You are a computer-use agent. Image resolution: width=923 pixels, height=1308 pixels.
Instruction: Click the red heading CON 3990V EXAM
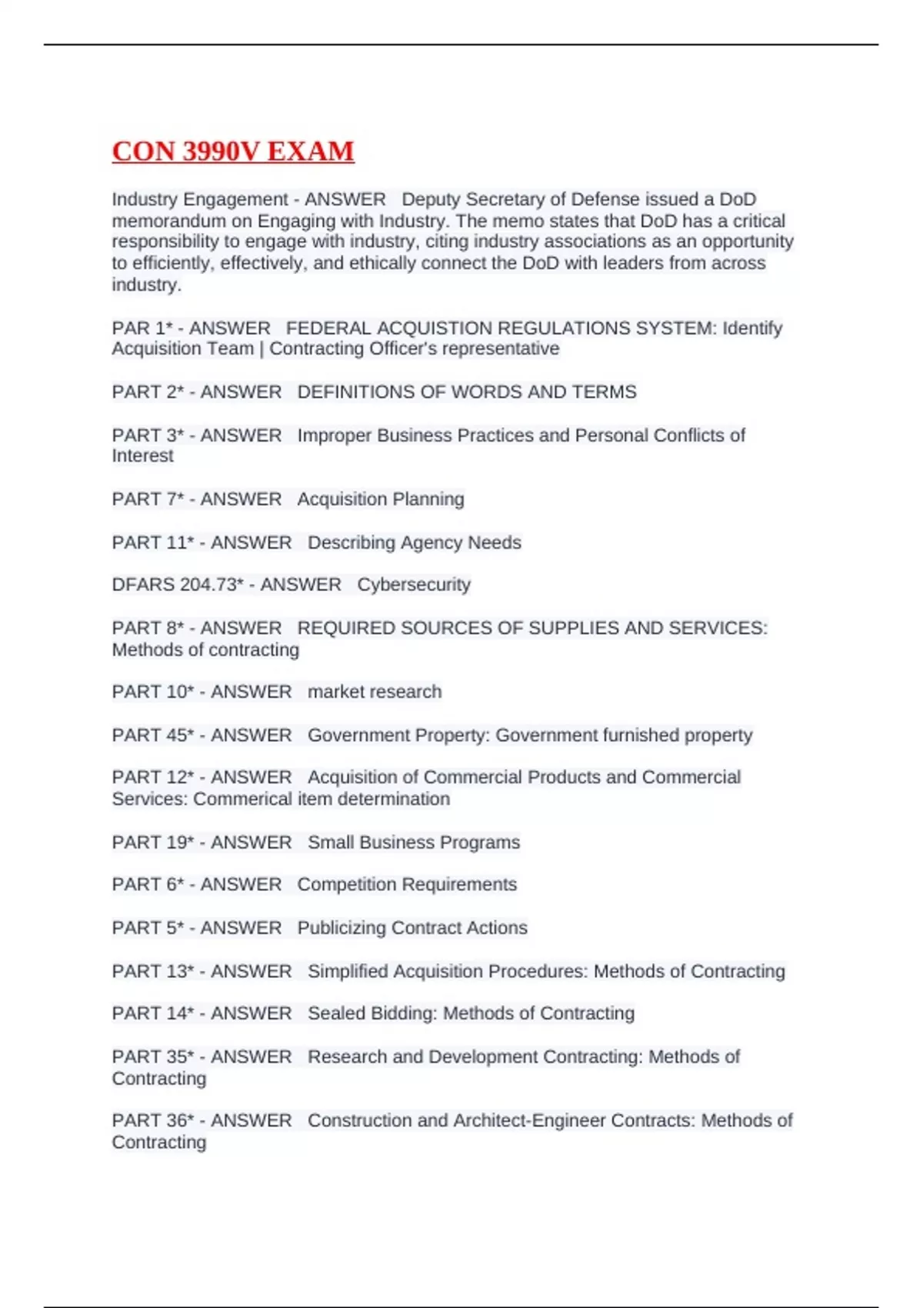(x=233, y=152)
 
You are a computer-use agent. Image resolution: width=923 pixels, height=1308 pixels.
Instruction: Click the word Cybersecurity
(x=414, y=585)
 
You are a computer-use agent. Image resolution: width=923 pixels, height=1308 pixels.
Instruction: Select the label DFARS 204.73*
(x=178, y=585)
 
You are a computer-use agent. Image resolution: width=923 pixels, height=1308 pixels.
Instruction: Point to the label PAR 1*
(x=142, y=329)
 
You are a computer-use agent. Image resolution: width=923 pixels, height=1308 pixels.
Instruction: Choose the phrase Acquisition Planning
(x=381, y=499)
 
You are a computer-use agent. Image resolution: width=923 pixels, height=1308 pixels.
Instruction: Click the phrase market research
(x=375, y=692)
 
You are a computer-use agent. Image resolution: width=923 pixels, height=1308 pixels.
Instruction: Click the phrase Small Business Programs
(x=414, y=843)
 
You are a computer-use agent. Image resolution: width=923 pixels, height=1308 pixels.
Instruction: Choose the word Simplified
(x=348, y=972)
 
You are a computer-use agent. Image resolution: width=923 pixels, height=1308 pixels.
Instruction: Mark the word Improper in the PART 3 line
(x=335, y=435)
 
